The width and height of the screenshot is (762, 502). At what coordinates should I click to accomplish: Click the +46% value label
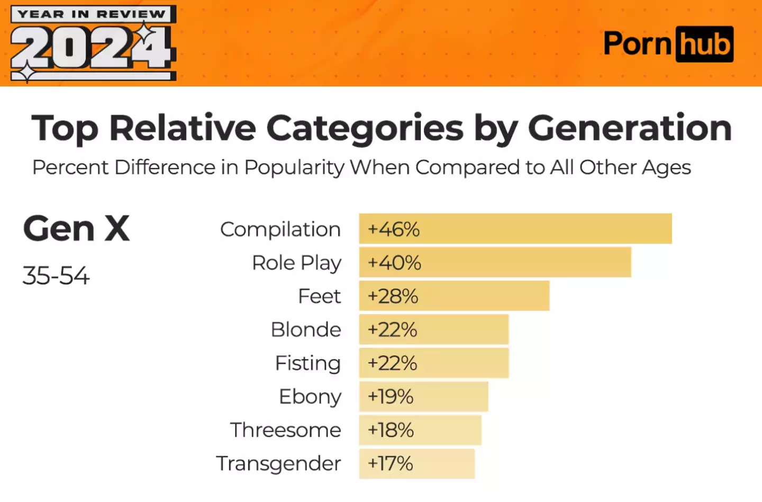click(394, 229)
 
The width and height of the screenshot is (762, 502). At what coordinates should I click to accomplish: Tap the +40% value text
click(394, 263)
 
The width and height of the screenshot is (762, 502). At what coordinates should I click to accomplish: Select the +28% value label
click(393, 296)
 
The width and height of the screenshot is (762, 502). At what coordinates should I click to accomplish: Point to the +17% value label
click(391, 464)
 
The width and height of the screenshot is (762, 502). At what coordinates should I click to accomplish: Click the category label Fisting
click(308, 363)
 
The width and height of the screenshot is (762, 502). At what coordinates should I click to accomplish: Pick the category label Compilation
click(280, 229)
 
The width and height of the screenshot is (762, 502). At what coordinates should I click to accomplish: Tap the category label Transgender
click(278, 464)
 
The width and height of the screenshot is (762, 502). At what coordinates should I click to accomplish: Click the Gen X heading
click(77, 229)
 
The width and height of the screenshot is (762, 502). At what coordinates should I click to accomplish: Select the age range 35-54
click(56, 276)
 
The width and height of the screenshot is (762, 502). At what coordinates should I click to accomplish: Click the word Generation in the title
click(630, 128)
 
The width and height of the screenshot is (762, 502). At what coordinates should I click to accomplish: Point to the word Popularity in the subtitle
click(294, 167)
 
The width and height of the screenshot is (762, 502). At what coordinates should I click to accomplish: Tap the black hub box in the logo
click(704, 44)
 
